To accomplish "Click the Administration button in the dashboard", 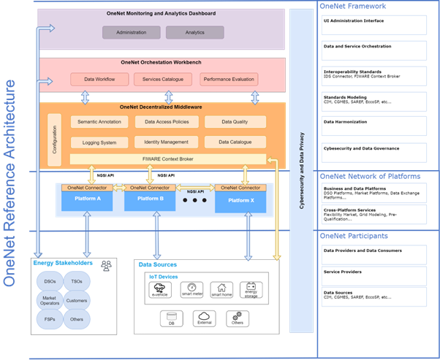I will click(130, 32).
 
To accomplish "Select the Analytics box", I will click(194, 32).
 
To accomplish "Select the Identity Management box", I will click(167, 141).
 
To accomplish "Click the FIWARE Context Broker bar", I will click(167, 158).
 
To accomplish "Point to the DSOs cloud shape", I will click(49, 281).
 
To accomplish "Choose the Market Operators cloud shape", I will click(49, 300).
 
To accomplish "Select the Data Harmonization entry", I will click(346, 122).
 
